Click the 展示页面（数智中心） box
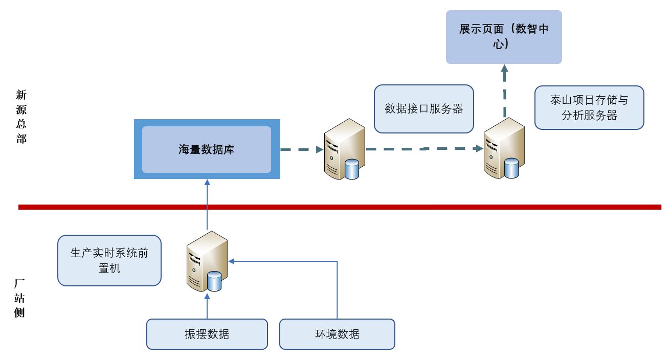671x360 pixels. (x=504, y=37)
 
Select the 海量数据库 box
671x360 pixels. (x=207, y=149)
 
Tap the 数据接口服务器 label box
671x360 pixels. (x=424, y=109)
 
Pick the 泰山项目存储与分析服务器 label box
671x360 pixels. (x=589, y=107)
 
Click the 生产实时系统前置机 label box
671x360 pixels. (x=109, y=260)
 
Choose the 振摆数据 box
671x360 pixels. (x=207, y=334)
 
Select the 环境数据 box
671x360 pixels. (x=337, y=334)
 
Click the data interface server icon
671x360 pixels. (x=344, y=149)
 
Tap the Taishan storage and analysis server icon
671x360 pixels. (x=504, y=148)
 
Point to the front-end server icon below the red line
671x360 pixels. (x=207, y=261)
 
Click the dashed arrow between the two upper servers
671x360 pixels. (x=424, y=149)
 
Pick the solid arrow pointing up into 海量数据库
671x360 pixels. (x=207, y=205)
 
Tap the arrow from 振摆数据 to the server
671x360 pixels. (x=207, y=306)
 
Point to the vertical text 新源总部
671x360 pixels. (x=21, y=117)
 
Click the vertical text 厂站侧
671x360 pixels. (x=20, y=298)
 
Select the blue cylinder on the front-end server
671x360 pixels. (x=214, y=281)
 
